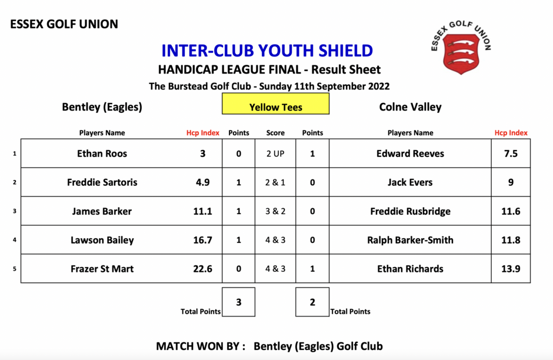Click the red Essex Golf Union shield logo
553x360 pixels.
[x=461, y=54]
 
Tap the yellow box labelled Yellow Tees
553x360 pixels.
[x=275, y=104]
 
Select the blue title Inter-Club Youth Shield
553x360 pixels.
[x=267, y=51]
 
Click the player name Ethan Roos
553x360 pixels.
[x=102, y=154]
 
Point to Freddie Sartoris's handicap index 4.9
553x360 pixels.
[x=203, y=182]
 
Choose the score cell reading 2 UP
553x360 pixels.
[x=275, y=154]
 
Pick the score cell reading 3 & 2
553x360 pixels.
[x=275, y=211]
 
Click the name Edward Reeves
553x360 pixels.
[x=410, y=154]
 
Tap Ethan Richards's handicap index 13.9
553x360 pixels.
[x=511, y=269]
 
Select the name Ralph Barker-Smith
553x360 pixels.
[x=410, y=240]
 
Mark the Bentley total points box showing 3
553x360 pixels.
[x=238, y=302]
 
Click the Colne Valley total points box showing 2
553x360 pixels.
[x=312, y=302]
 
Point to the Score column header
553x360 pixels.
[x=275, y=133]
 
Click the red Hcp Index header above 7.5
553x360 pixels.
[x=511, y=133]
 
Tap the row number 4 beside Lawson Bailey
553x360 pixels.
[x=15, y=240]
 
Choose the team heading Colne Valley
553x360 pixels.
[x=410, y=107]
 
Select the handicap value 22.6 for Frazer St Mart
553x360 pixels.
[x=203, y=269]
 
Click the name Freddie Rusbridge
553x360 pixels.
[x=410, y=211]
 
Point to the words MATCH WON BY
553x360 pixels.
[x=201, y=346]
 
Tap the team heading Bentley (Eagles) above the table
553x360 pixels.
[x=102, y=107]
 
